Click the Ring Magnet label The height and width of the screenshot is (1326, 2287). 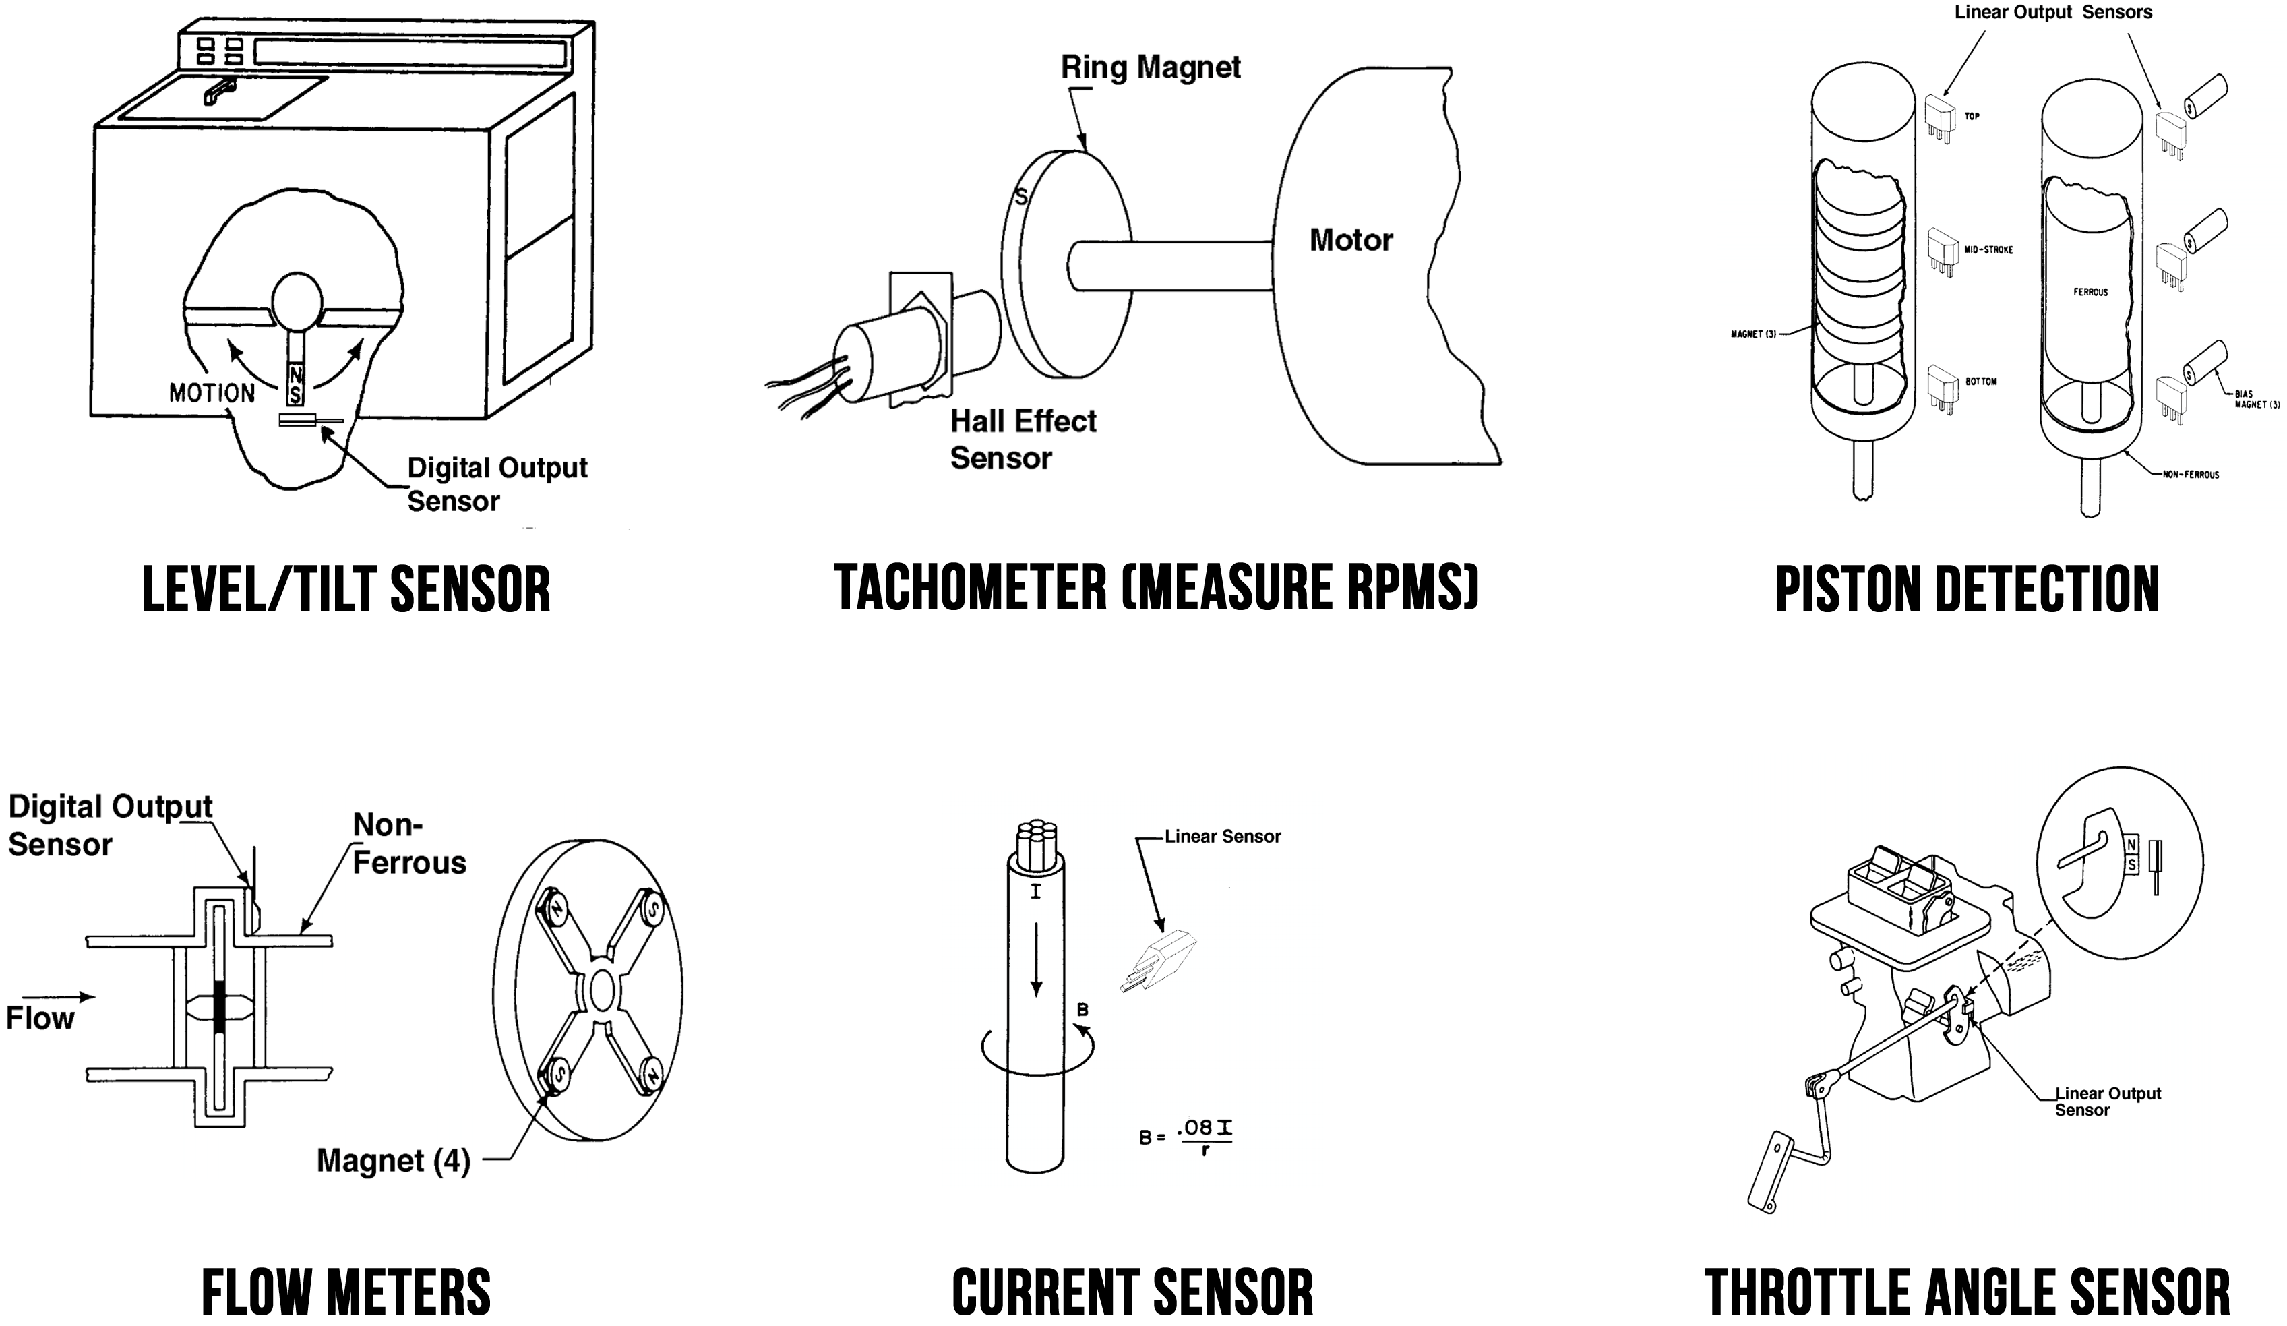tap(1150, 67)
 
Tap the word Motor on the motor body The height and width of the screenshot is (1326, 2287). tap(1350, 241)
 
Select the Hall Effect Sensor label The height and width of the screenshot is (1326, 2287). tap(1022, 440)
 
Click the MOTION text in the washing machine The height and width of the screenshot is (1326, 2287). tap(212, 393)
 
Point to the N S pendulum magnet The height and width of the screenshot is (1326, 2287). tap(296, 385)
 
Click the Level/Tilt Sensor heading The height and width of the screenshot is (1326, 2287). tap(346, 589)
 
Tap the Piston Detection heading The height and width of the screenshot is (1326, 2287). tap(1967, 589)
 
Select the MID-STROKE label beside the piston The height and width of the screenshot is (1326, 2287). tap(1988, 249)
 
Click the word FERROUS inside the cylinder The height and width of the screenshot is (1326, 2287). tap(2090, 293)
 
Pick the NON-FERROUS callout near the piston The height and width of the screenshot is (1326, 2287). tap(2191, 475)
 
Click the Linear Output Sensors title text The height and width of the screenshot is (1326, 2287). tap(2053, 13)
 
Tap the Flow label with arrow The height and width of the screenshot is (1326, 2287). tap(41, 1017)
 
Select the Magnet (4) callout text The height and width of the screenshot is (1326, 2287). tap(393, 1161)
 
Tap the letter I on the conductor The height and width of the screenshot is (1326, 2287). tap(1035, 892)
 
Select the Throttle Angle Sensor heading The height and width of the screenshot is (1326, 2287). tap(1967, 1292)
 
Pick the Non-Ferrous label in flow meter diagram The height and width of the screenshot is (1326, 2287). tap(408, 843)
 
